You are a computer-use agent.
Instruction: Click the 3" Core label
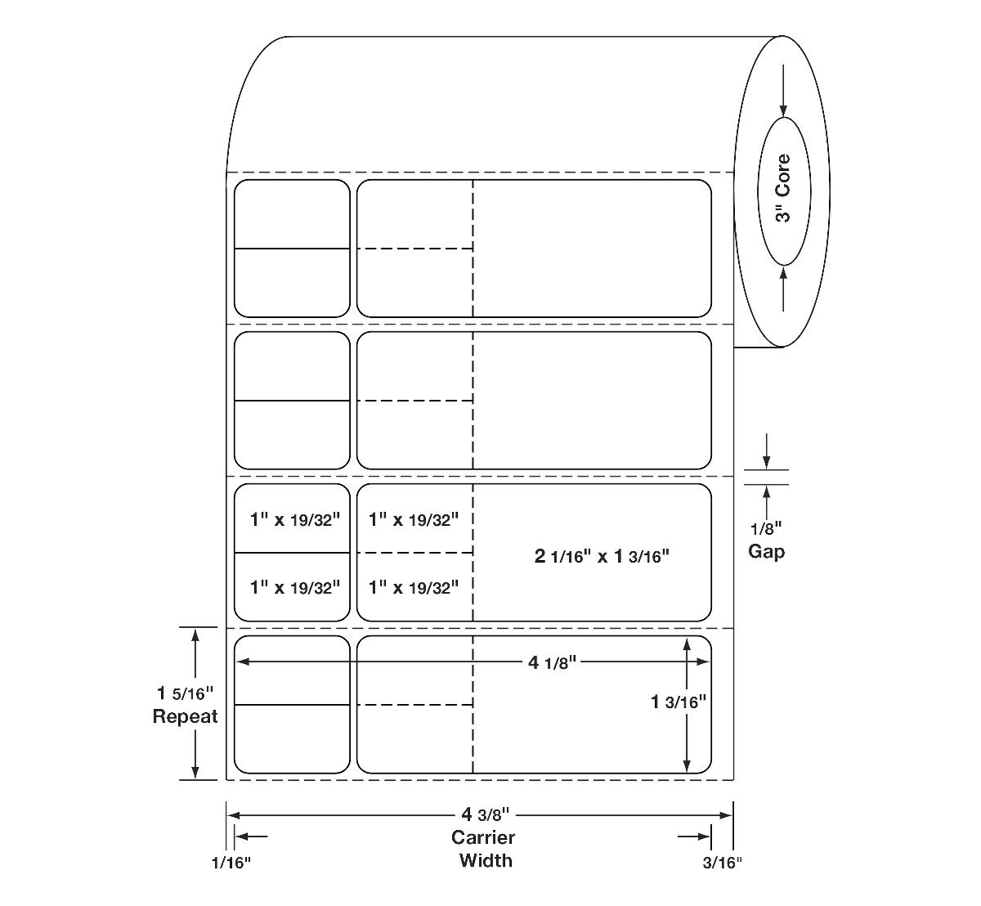tap(783, 188)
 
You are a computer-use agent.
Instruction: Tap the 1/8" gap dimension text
tap(767, 528)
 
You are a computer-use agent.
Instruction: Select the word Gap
tap(767, 551)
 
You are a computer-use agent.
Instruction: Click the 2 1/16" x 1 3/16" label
tap(602, 556)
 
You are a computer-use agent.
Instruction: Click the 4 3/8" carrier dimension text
tap(486, 814)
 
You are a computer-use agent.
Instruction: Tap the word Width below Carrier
tap(486, 859)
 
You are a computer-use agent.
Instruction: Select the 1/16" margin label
tap(231, 862)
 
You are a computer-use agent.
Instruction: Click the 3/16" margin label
tap(722, 862)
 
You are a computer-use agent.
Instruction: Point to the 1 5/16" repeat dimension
tap(185, 693)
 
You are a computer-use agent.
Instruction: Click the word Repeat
tap(185, 716)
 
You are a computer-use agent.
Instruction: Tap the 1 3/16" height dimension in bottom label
tap(678, 701)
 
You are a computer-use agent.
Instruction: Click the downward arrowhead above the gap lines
tap(767, 461)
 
